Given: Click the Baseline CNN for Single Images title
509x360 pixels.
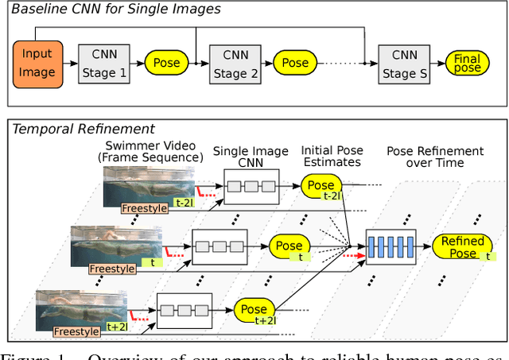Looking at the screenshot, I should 115,10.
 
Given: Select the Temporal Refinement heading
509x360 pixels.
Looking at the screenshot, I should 84,129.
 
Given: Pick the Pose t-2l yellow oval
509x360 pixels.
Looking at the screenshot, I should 322,188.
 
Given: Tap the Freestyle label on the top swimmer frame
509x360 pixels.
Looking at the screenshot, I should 146,208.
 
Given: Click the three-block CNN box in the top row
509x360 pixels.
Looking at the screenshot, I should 252,188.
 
